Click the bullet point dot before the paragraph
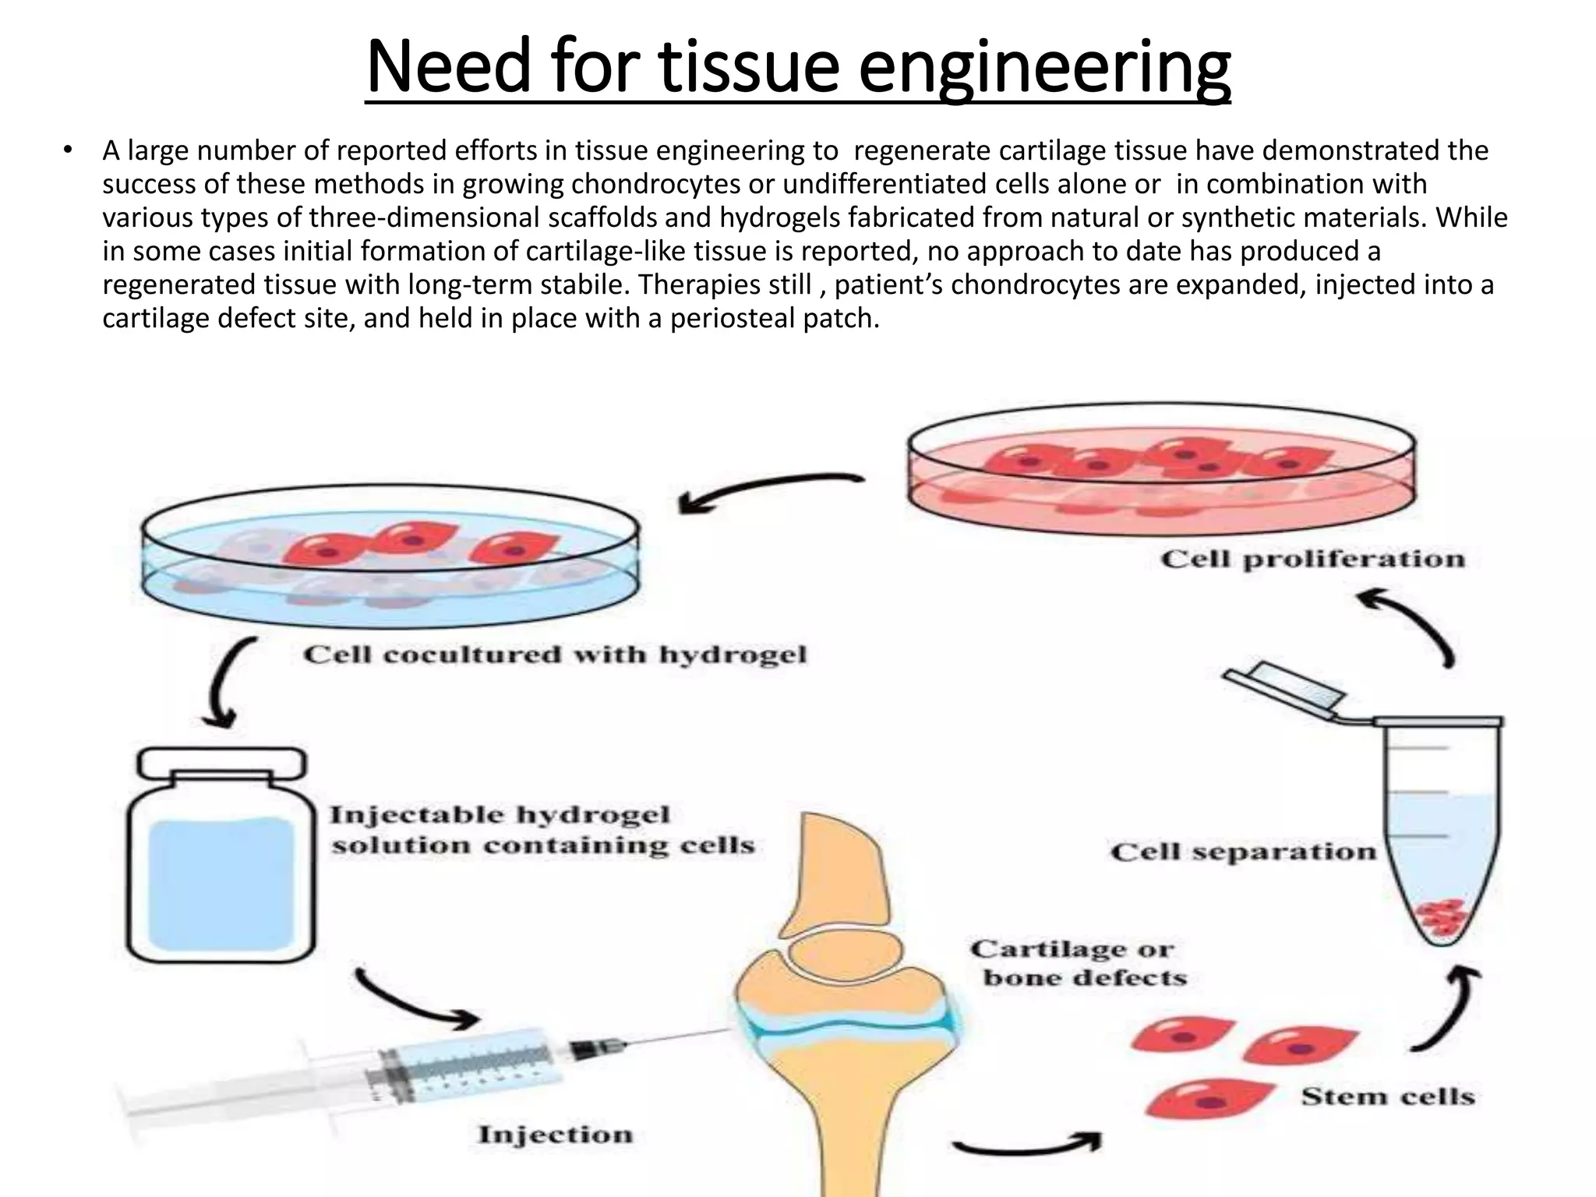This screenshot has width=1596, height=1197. click(x=69, y=150)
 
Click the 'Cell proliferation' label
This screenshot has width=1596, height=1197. click(x=1312, y=559)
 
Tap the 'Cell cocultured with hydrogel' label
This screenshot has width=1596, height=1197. click(x=554, y=654)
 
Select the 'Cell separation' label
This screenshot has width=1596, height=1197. click(x=1243, y=852)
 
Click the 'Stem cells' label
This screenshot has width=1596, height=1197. click(x=1388, y=1096)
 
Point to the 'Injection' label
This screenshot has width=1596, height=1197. click(x=555, y=1134)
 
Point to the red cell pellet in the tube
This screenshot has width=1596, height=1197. click(x=1441, y=918)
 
